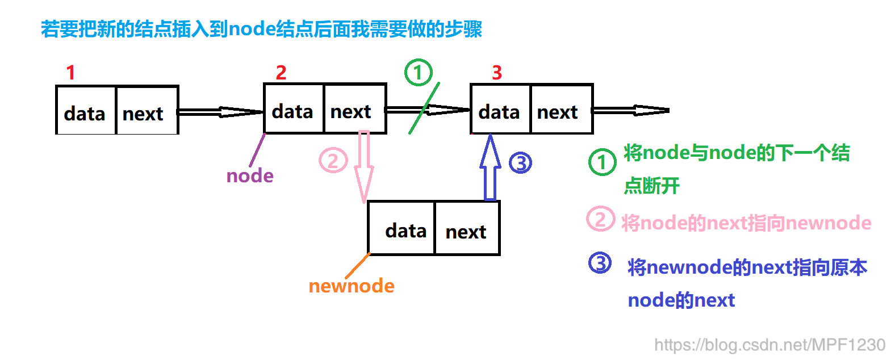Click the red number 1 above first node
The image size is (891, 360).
pyautogui.click(x=70, y=73)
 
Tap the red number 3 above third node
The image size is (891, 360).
pyautogui.click(x=497, y=73)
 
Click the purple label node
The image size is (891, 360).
pyautogui.click(x=250, y=176)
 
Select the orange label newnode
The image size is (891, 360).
pyautogui.click(x=352, y=286)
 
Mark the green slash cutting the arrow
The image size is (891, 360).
pyautogui.click(x=424, y=108)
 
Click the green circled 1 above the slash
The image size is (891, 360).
pyautogui.click(x=419, y=73)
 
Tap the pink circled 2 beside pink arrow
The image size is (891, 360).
pyautogui.click(x=333, y=161)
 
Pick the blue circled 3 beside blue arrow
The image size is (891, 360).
pyautogui.click(x=520, y=164)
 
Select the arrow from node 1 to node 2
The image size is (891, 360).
pyautogui.click(x=221, y=112)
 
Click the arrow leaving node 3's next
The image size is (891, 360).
pyautogui.click(x=630, y=110)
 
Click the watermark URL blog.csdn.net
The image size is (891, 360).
pyautogui.click(x=769, y=345)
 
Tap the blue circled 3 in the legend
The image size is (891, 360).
pyautogui.click(x=600, y=263)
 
